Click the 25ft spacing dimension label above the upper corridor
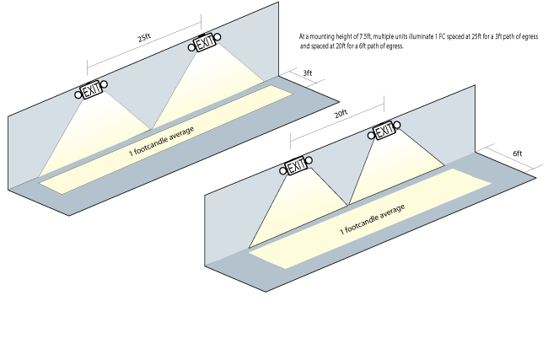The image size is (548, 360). [x=143, y=38]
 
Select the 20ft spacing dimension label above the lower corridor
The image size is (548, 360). [x=341, y=113]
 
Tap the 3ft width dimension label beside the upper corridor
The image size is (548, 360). [x=309, y=74]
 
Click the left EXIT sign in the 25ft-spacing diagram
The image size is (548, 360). [x=91, y=89]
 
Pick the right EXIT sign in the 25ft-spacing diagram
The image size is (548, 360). [x=205, y=42]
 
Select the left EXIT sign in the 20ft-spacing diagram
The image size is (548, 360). [x=296, y=166]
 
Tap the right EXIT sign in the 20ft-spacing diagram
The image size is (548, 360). [x=384, y=132]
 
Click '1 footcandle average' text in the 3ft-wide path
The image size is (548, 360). [x=162, y=141]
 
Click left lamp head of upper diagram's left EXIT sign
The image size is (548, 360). [x=78, y=95]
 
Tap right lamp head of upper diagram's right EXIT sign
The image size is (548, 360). [x=218, y=37]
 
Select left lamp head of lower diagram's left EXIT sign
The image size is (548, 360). [x=283, y=171]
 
